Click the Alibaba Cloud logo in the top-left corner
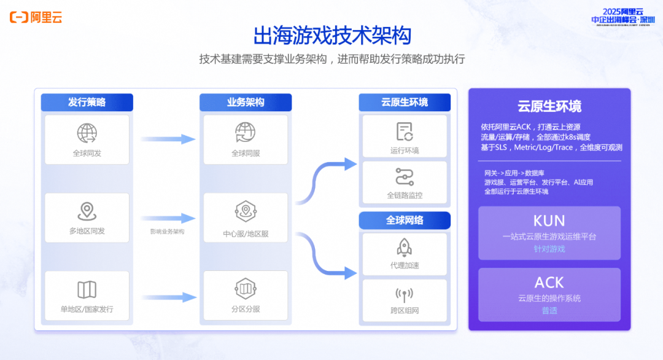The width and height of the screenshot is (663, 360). pos(36,17)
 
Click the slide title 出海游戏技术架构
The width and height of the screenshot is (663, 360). pos(332,35)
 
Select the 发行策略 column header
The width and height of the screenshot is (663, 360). pos(87,102)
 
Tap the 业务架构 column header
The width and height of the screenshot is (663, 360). pos(246,102)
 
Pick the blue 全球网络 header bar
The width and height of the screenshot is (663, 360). pos(405,220)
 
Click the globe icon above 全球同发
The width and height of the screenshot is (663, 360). pos(87,133)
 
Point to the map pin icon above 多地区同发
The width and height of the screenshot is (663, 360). pos(87,211)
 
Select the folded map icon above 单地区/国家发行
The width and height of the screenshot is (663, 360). pos(87,289)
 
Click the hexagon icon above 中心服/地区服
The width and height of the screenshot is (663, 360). pos(246,211)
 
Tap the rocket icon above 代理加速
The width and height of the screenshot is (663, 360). pos(405,247)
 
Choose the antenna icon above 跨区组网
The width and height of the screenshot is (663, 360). pos(405,294)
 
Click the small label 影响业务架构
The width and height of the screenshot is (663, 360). pos(167,232)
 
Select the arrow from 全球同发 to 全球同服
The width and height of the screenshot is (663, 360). pos(167,139)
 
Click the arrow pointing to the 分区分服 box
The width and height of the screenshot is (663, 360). pos(167,297)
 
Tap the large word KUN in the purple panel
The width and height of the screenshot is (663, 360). pos(549,221)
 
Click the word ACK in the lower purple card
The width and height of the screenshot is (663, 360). pos(549,283)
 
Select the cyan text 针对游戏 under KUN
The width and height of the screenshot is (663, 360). pos(549,249)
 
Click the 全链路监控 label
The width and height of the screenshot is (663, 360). pos(405,195)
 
